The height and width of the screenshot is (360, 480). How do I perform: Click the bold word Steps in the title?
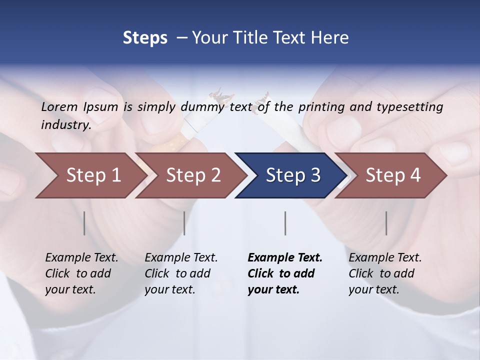145,38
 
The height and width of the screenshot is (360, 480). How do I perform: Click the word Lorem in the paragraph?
59,106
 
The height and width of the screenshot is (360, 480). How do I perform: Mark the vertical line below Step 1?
84,223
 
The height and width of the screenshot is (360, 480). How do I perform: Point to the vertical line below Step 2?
184,223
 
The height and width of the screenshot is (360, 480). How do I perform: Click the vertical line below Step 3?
285,223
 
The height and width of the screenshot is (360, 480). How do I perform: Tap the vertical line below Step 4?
386,223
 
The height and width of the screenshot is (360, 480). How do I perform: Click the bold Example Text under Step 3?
285,258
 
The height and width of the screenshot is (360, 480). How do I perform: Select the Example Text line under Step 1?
81,258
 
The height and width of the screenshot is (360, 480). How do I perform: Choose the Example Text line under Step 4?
385,258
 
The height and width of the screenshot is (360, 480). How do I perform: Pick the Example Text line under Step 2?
181,258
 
